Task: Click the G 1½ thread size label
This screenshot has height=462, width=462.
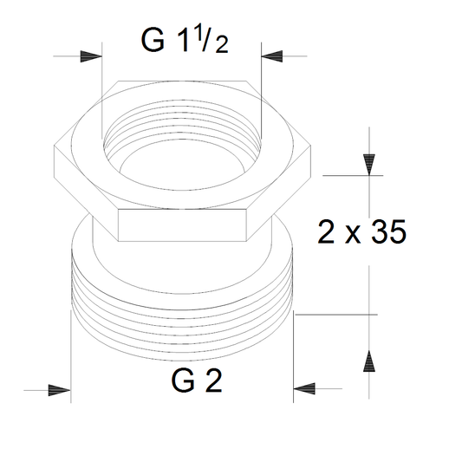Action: point(185,41)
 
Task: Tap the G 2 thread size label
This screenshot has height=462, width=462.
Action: point(197,381)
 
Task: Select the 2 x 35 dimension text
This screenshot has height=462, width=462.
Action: point(362,231)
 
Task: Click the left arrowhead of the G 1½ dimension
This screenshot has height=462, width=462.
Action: point(91,56)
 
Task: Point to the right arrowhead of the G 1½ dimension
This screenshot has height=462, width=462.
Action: point(272,56)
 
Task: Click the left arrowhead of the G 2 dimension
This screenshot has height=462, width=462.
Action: point(60,390)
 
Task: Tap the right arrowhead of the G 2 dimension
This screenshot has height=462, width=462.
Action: point(304,388)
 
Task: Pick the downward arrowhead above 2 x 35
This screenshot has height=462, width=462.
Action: point(369,165)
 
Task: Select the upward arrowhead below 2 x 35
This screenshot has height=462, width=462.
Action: point(369,361)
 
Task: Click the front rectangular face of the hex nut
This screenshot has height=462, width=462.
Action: point(182,225)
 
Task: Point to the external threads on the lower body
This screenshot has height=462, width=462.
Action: point(183,327)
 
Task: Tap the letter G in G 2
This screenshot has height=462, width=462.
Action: point(183,381)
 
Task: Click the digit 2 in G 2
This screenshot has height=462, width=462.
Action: point(214,381)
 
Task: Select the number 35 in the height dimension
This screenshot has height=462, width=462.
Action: point(389,231)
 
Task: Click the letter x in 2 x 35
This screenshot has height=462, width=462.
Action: point(353,235)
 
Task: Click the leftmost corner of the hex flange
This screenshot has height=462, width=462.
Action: point(55,146)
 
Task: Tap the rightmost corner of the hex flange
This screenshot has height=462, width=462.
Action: point(311,146)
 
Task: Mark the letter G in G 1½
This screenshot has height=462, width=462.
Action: point(153,41)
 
